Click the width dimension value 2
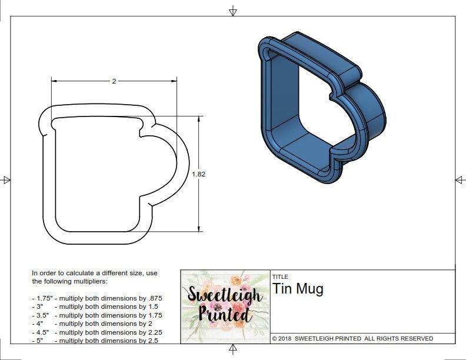(114, 81)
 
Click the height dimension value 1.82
(198, 174)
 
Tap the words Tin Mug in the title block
(298, 289)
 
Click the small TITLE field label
(279, 276)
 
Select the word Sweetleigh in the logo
(225, 294)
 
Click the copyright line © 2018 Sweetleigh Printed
(352, 338)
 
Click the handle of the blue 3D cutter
(365, 115)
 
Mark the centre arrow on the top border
(233, 11)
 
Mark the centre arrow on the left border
(6, 179)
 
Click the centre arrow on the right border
(459, 179)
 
